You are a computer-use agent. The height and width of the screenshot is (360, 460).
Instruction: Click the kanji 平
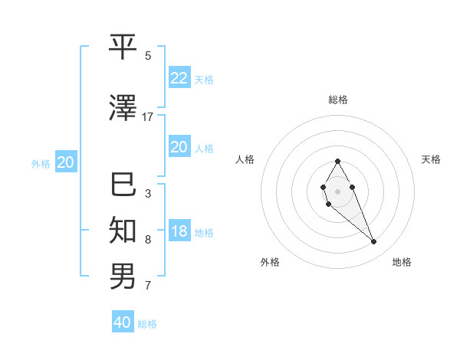123,47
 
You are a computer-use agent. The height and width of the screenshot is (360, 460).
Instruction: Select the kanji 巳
123,185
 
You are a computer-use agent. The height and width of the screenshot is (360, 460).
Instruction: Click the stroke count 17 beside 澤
148,117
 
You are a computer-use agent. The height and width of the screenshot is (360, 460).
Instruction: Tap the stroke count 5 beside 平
148,56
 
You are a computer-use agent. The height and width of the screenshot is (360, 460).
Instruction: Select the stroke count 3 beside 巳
148,194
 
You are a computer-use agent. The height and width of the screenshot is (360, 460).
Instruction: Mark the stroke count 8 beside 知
148,240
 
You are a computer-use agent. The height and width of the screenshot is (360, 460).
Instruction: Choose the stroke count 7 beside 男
148,286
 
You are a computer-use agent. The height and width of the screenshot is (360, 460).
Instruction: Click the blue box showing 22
179,77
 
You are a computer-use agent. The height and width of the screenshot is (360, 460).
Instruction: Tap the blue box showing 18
179,231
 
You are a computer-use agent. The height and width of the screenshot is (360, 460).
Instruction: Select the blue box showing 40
123,322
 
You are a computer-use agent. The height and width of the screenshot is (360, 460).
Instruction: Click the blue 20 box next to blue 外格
66,162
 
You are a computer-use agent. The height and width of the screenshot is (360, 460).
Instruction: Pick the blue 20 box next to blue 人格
179,147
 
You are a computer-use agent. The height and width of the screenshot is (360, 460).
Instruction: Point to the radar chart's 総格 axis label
338,100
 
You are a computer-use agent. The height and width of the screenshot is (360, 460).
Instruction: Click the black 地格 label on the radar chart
402,262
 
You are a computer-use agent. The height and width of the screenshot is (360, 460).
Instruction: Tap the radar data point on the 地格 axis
374,242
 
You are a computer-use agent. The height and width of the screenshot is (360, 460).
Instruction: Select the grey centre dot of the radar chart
338,191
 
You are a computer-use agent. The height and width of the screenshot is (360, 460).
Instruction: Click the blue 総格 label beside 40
147,324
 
